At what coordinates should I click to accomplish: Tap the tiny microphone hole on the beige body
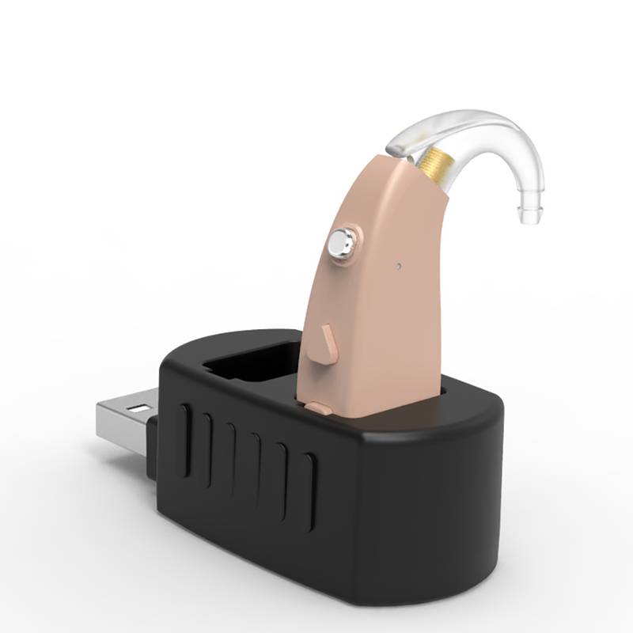click(399, 265)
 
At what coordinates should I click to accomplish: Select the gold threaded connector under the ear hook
click(432, 162)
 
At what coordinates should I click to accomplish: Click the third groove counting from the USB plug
click(231, 455)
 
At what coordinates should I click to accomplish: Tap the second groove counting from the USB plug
click(207, 448)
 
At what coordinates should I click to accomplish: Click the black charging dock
click(372, 506)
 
